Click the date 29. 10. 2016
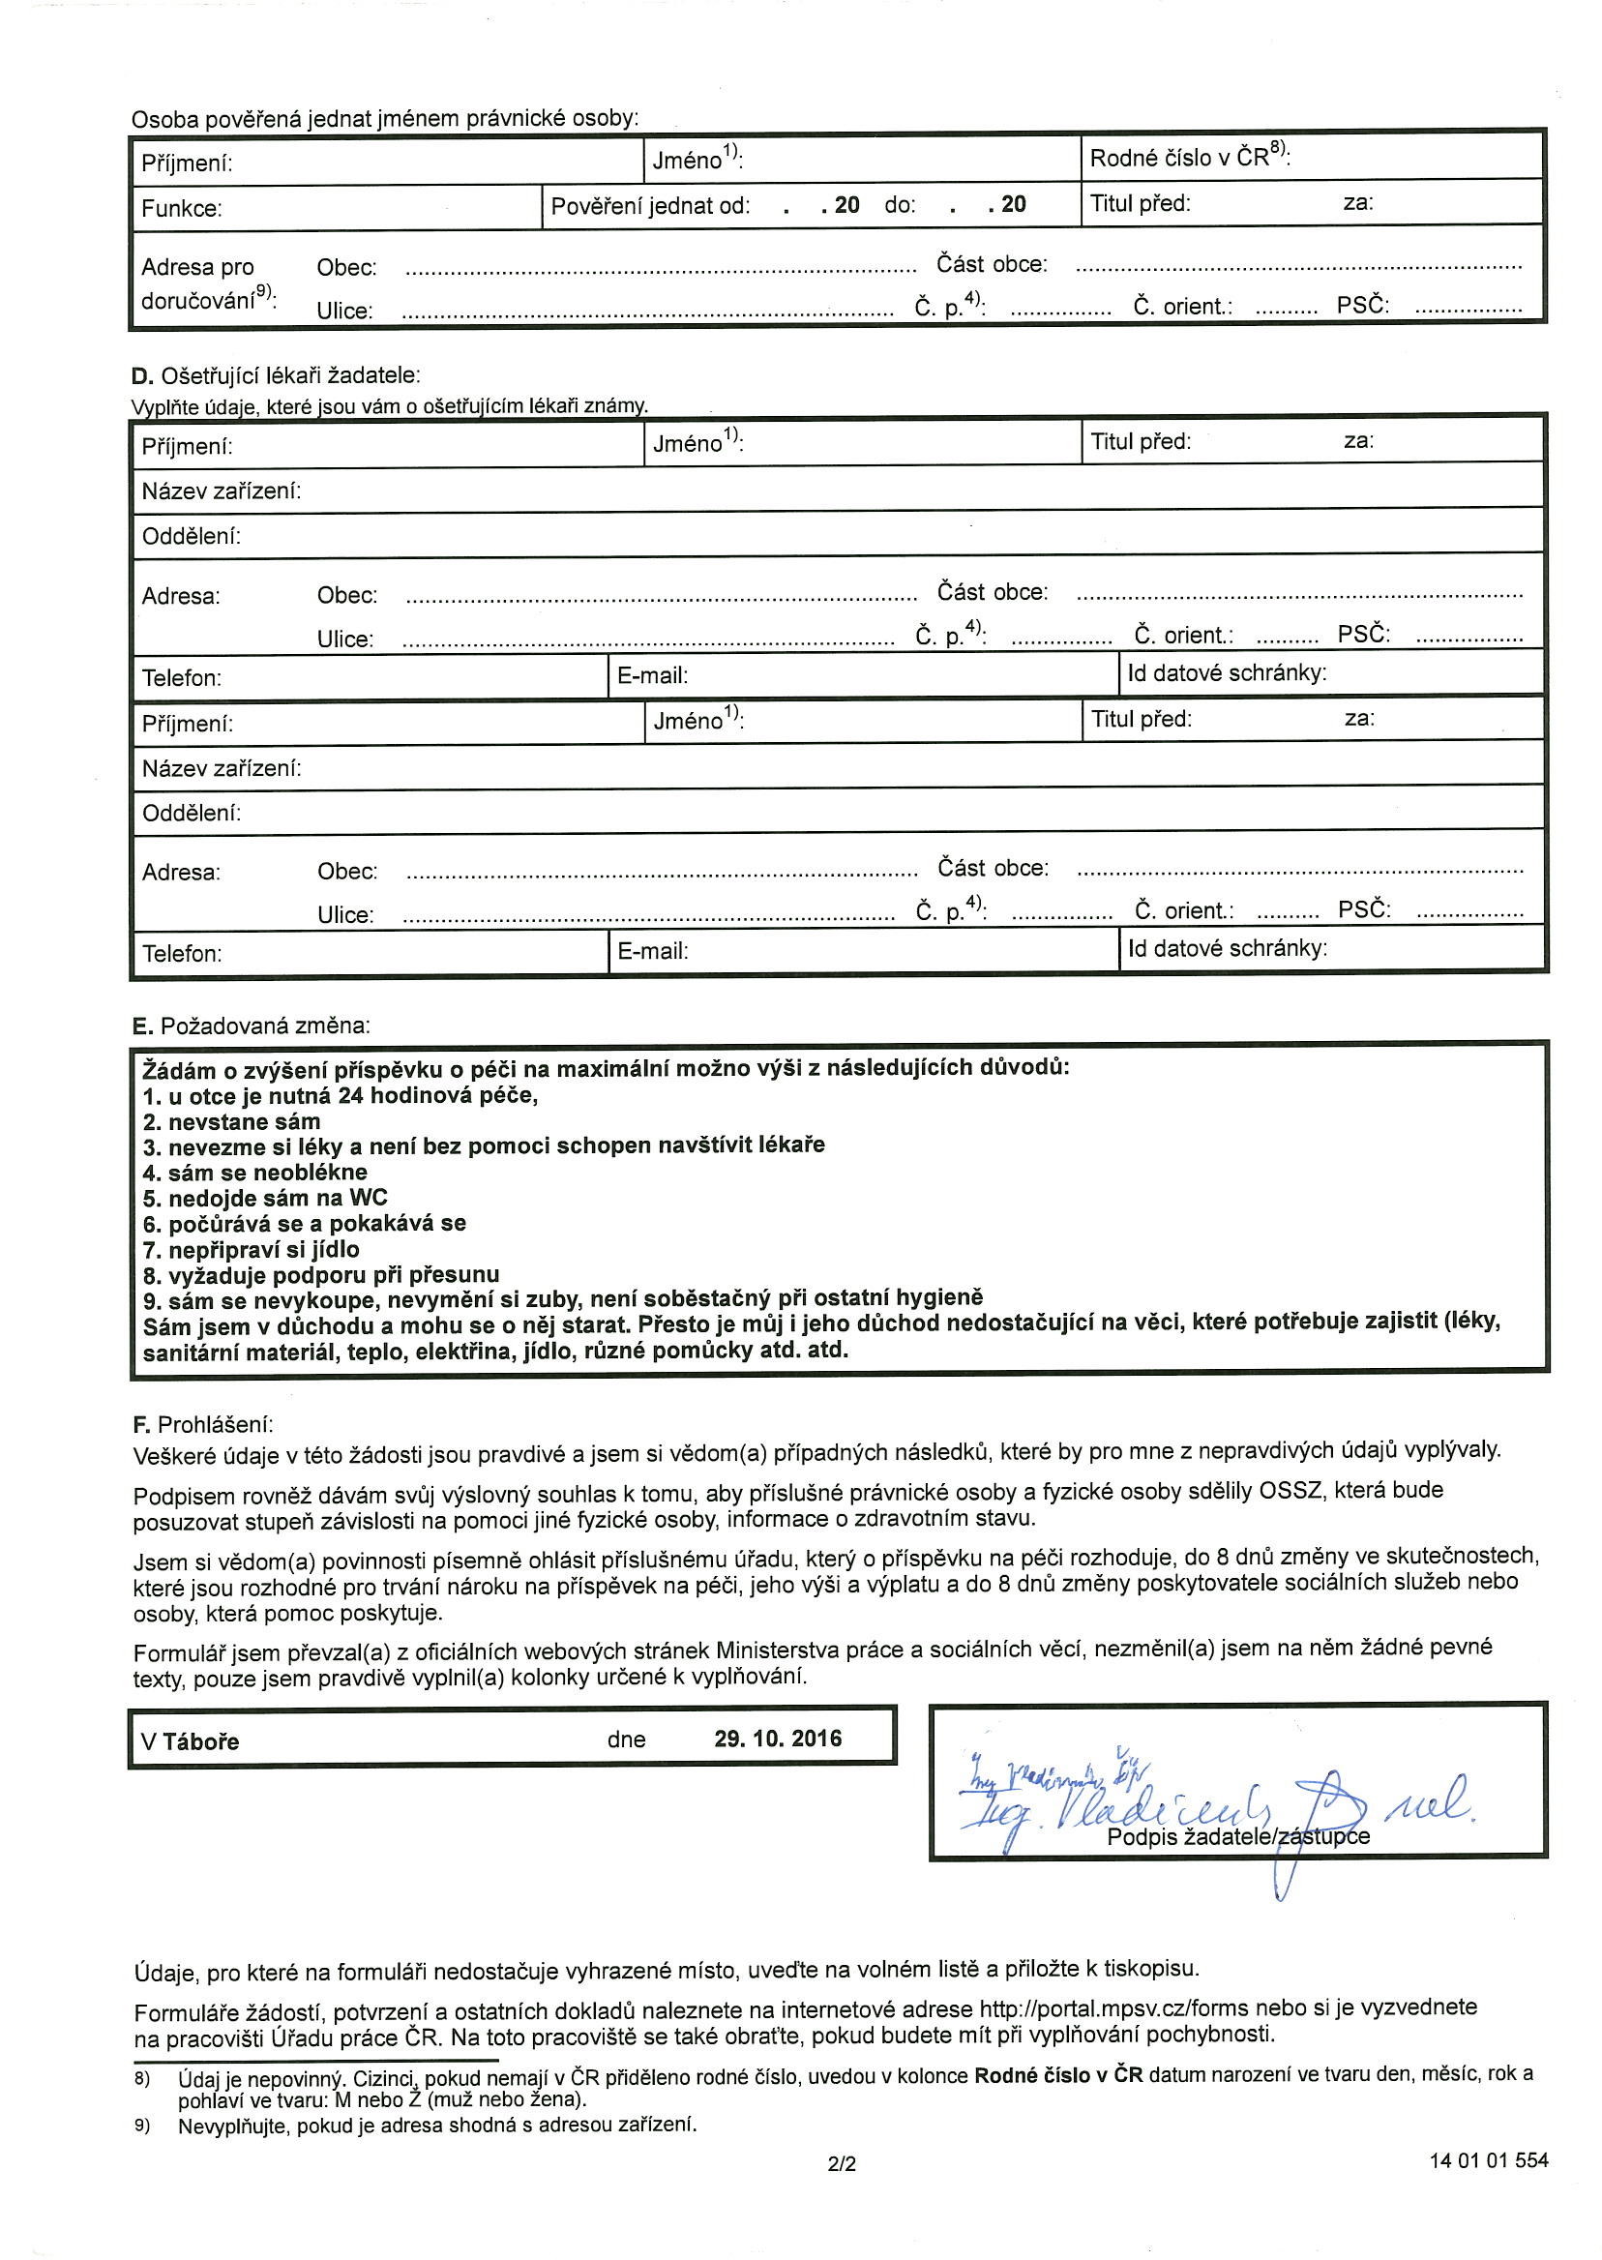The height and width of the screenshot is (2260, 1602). (778, 1739)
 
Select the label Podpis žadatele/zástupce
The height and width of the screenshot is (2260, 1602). (1238, 1836)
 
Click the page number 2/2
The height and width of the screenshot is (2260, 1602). (842, 2163)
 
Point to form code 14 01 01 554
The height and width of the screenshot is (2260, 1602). (1488, 2160)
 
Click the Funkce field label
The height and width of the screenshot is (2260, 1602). (182, 209)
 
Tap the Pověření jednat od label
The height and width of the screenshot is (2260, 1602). (650, 206)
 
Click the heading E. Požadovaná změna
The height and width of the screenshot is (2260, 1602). (251, 1026)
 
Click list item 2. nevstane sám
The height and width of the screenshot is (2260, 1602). (231, 1121)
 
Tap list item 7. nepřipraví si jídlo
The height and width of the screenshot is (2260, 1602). (251, 1249)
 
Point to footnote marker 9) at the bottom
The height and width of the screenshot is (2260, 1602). (142, 2124)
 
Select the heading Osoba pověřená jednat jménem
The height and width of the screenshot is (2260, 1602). (385, 119)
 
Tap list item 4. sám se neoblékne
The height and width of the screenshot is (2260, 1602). (254, 1172)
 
